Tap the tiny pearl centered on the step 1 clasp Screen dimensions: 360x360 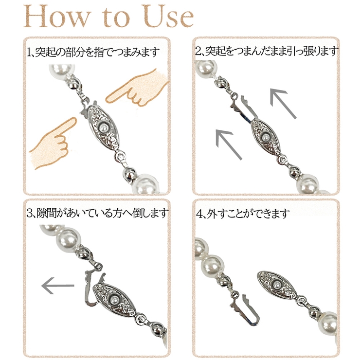pos(103,127)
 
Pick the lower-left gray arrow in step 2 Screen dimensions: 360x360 pos(229,144)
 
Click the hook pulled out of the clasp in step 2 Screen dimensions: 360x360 pos(245,106)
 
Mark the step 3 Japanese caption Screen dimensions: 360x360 pos(97,213)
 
